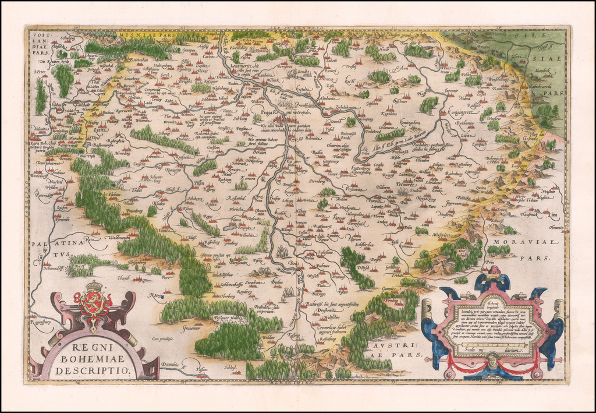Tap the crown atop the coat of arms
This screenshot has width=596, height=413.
coord(94,286)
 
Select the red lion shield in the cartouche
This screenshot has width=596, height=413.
coord(93,303)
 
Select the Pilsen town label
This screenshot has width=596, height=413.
coord(200,182)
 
